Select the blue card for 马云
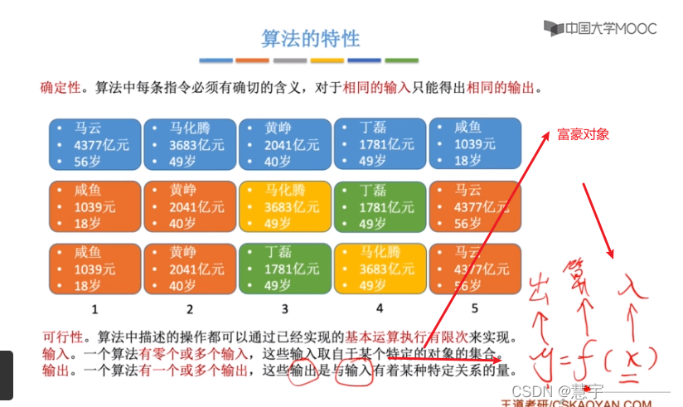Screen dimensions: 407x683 (94, 144)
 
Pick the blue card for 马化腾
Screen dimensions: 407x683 (190, 144)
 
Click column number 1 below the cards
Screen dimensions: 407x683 (95, 309)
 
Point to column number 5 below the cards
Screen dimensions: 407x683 (475, 309)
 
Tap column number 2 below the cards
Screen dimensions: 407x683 (190, 309)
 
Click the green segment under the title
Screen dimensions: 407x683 (401, 61)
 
